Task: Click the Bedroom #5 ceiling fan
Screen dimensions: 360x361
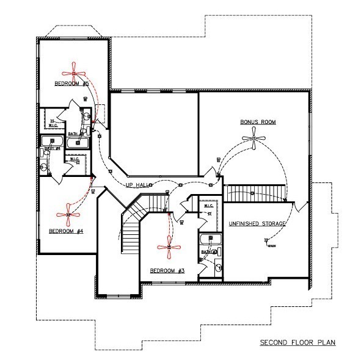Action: [x=73, y=73]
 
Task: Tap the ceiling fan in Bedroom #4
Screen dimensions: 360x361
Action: [x=67, y=214]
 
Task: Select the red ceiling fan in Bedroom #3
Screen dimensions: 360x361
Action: [x=168, y=247]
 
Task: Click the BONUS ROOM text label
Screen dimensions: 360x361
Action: [x=258, y=122]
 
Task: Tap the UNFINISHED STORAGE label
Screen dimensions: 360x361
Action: [x=257, y=224]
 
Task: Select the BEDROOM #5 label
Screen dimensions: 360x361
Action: [x=73, y=83]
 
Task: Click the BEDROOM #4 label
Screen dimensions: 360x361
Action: [x=65, y=231]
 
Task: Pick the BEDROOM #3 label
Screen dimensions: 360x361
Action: [x=165, y=270]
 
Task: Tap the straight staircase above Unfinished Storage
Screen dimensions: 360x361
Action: [x=253, y=193]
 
